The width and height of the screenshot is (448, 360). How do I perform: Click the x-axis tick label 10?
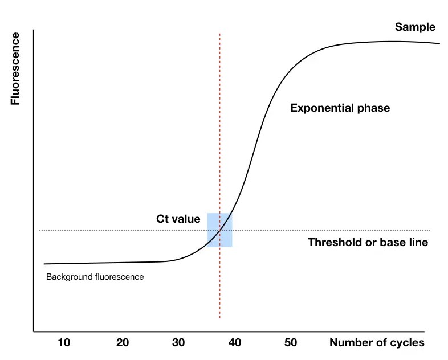64,342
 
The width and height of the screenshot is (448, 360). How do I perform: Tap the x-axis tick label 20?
122,342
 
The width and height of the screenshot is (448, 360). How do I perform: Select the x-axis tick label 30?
178,342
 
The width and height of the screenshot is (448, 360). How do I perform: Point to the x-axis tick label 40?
234,342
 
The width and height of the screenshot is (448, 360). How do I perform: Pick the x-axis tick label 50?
291,342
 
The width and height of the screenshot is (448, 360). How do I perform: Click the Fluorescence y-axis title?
15,69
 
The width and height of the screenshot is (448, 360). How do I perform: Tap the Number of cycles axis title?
377,342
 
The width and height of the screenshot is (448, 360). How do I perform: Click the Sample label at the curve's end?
415,27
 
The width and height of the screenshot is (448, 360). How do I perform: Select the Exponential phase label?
340,108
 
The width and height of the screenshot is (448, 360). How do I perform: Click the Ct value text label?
178,219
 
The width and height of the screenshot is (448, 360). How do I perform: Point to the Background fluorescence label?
95,277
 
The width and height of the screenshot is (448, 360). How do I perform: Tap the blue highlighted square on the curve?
219,230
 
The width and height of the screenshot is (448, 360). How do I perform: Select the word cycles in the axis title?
408,342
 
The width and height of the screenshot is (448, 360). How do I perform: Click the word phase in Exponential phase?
373,108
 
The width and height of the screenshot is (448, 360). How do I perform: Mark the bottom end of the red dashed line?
219,318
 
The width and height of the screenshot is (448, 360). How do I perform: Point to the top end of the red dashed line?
219,34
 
